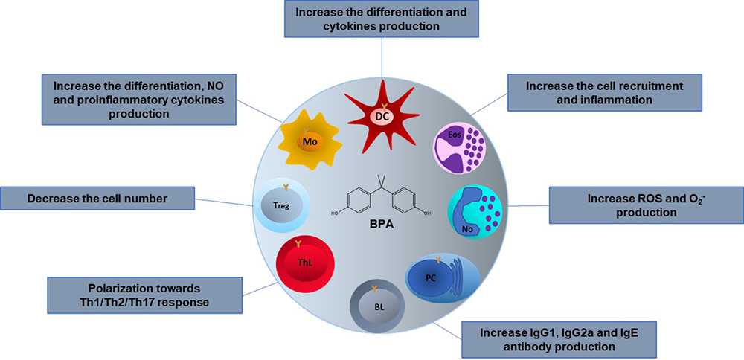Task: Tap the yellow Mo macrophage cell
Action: (308, 141)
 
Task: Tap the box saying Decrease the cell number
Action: (97, 199)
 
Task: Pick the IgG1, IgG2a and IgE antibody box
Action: (559, 339)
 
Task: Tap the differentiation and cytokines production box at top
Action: (382, 19)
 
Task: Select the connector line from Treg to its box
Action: (223, 202)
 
